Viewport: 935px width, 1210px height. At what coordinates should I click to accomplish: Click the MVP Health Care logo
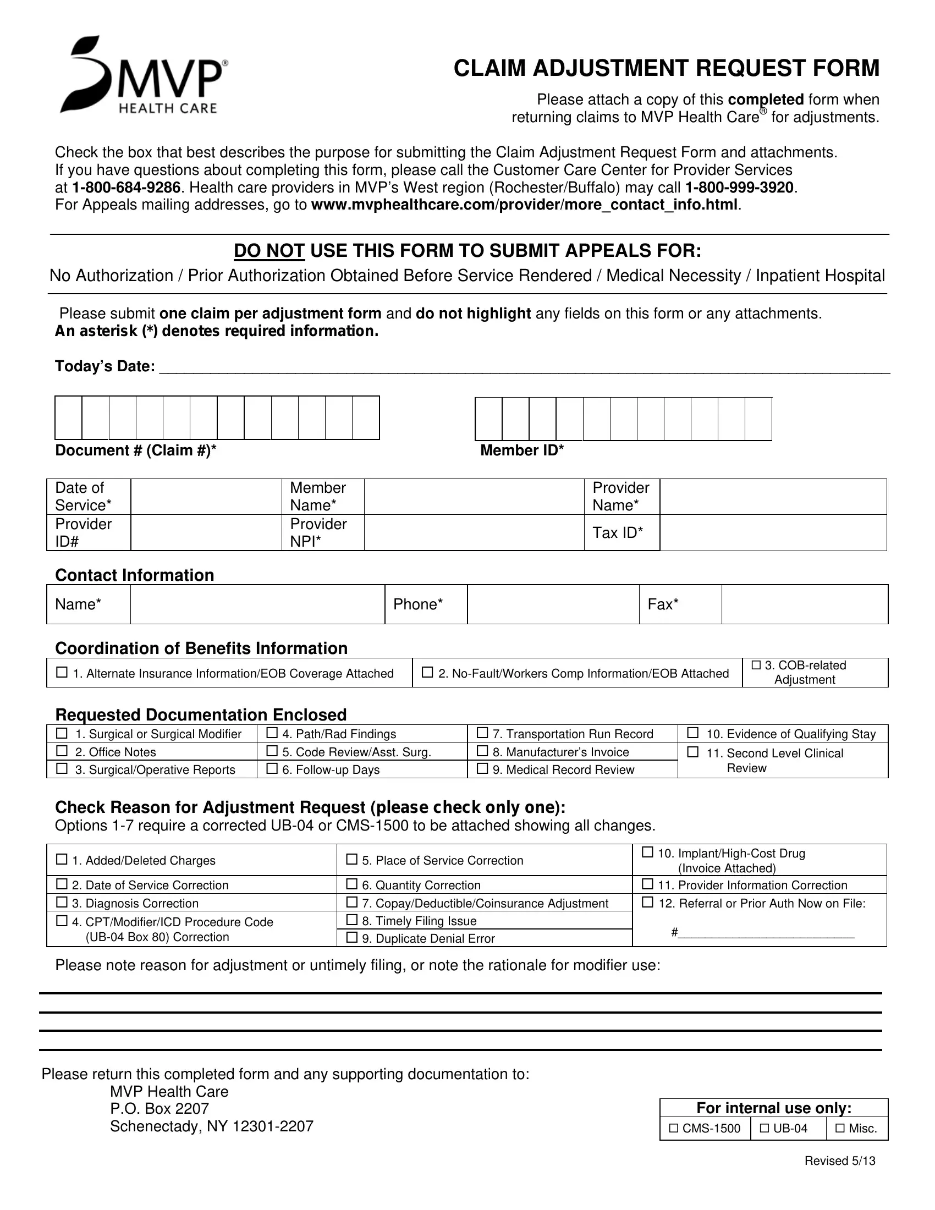(x=144, y=75)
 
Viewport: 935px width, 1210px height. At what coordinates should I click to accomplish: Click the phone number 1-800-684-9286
(x=126, y=187)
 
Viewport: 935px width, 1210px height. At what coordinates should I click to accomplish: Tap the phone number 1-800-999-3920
(x=739, y=187)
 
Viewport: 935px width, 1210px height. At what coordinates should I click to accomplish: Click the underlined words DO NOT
(x=269, y=251)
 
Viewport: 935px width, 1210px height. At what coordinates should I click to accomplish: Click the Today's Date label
(x=105, y=366)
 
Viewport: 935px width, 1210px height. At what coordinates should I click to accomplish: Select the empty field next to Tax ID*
(x=773, y=533)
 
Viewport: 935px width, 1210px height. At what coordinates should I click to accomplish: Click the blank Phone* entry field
(x=553, y=604)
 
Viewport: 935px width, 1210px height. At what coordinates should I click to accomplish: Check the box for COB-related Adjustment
(x=756, y=665)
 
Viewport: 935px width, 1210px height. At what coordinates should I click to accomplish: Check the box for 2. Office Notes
(x=62, y=751)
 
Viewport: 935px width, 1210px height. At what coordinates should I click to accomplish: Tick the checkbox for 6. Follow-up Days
(x=272, y=768)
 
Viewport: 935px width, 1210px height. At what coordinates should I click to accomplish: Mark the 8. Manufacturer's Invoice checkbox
(x=482, y=751)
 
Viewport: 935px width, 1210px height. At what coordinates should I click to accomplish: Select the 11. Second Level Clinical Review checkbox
(x=692, y=752)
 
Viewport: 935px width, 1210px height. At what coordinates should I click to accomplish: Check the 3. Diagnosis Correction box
(x=62, y=903)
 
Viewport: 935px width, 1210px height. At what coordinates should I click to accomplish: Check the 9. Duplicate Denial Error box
(x=352, y=937)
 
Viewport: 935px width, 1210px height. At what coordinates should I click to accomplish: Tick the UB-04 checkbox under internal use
(x=765, y=1128)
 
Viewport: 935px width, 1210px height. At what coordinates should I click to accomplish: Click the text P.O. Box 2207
(x=159, y=1109)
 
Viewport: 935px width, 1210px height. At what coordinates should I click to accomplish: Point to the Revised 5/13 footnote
(x=840, y=1160)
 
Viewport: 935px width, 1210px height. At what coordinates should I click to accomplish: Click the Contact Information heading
(x=135, y=575)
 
